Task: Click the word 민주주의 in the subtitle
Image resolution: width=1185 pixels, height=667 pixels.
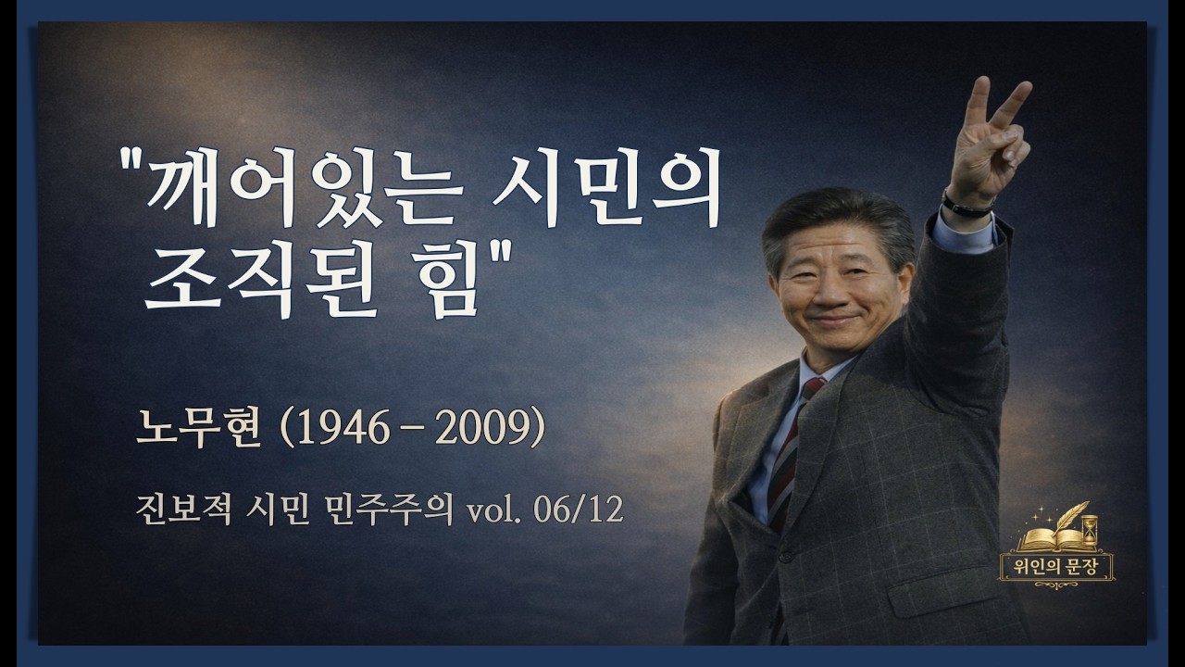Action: click(x=406, y=509)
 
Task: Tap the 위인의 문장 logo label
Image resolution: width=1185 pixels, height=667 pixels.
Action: click(x=1056, y=566)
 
